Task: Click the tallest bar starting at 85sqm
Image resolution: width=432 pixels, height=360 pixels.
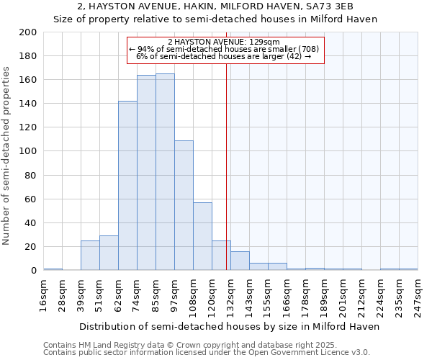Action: pos(165,172)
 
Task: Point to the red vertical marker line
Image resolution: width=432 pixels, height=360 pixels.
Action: pos(227,166)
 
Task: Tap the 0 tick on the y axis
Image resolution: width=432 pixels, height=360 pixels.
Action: pos(33,271)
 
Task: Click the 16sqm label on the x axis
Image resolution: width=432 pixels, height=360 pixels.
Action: pos(43,293)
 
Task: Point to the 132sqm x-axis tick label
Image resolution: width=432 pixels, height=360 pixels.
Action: pos(230,294)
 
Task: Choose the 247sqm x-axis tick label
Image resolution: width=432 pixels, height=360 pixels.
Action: pos(418,294)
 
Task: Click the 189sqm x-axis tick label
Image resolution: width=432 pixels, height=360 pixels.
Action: pos(324,294)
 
